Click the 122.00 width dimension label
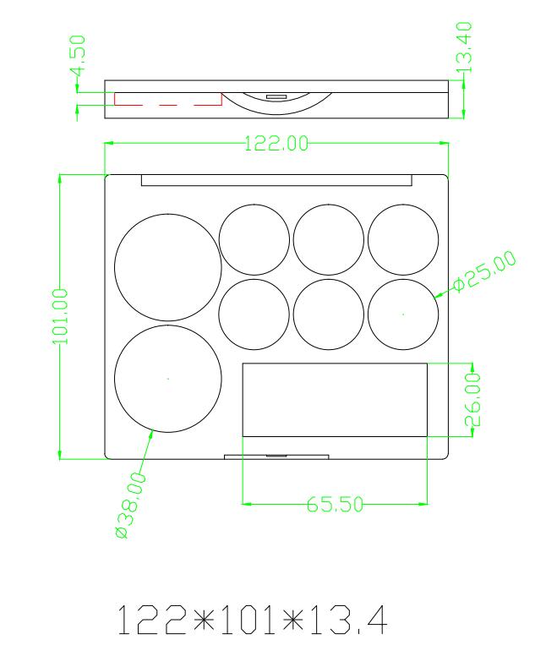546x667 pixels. (x=276, y=144)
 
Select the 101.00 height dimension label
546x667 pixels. (x=59, y=316)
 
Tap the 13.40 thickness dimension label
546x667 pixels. (x=463, y=47)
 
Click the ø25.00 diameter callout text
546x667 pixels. (x=485, y=271)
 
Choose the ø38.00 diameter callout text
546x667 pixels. (x=130, y=505)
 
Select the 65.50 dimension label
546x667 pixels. (x=335, y=505)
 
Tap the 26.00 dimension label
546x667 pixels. (x=472, y=399)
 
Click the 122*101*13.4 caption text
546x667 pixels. (x=252, y=621)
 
